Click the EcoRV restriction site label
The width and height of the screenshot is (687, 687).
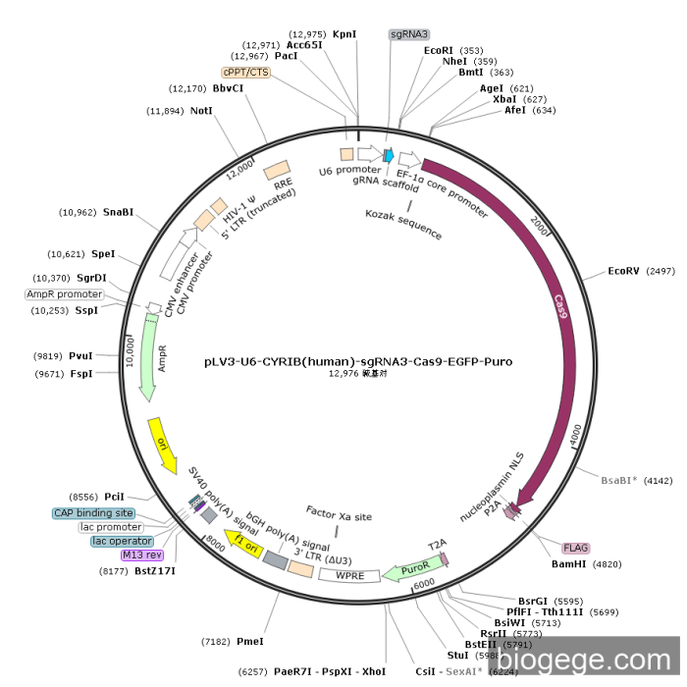[x=624, y=270]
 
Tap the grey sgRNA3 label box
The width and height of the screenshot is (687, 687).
[x=409, y=33]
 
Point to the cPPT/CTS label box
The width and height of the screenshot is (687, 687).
[x=245, y=72]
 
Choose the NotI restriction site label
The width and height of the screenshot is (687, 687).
[x=201, y=111]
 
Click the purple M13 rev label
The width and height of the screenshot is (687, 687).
[x=140, y=555]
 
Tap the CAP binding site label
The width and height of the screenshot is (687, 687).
[x=93, y=513]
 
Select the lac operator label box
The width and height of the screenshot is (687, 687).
[x=122, y=541]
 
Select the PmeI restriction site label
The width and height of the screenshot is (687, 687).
[x=250, y=641]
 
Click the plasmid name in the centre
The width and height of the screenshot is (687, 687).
[x=358, y=361]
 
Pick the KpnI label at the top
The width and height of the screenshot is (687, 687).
[x=344, y=33]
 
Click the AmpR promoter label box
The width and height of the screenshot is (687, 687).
[x=65, y=294]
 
